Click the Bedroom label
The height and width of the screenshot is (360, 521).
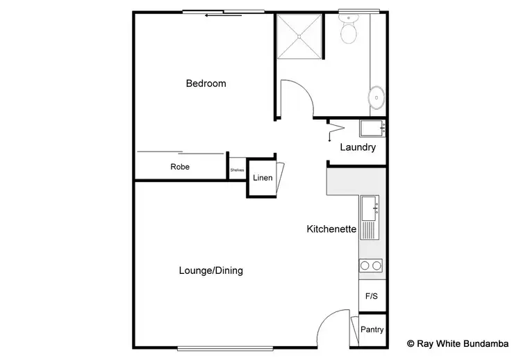(x=206, y=84)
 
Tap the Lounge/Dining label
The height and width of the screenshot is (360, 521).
(x=211, y=270)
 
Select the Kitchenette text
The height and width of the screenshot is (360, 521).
(x=331, y=229)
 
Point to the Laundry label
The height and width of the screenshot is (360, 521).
(x=358, y=147)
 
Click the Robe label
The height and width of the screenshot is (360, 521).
(x=180, y=167)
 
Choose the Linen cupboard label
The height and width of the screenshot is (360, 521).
(x=263, y=178)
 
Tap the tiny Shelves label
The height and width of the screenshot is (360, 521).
(x=238, y=169)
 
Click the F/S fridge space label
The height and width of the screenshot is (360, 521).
(x=372, y=296)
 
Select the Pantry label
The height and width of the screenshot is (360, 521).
(x=372, y=330)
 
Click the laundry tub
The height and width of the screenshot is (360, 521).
(x=371, y=128)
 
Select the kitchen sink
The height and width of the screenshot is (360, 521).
(x=369, y=206)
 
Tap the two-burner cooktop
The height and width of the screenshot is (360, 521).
(x=370, y=265)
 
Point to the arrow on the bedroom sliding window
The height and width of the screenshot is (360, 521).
(x=224, y=15)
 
